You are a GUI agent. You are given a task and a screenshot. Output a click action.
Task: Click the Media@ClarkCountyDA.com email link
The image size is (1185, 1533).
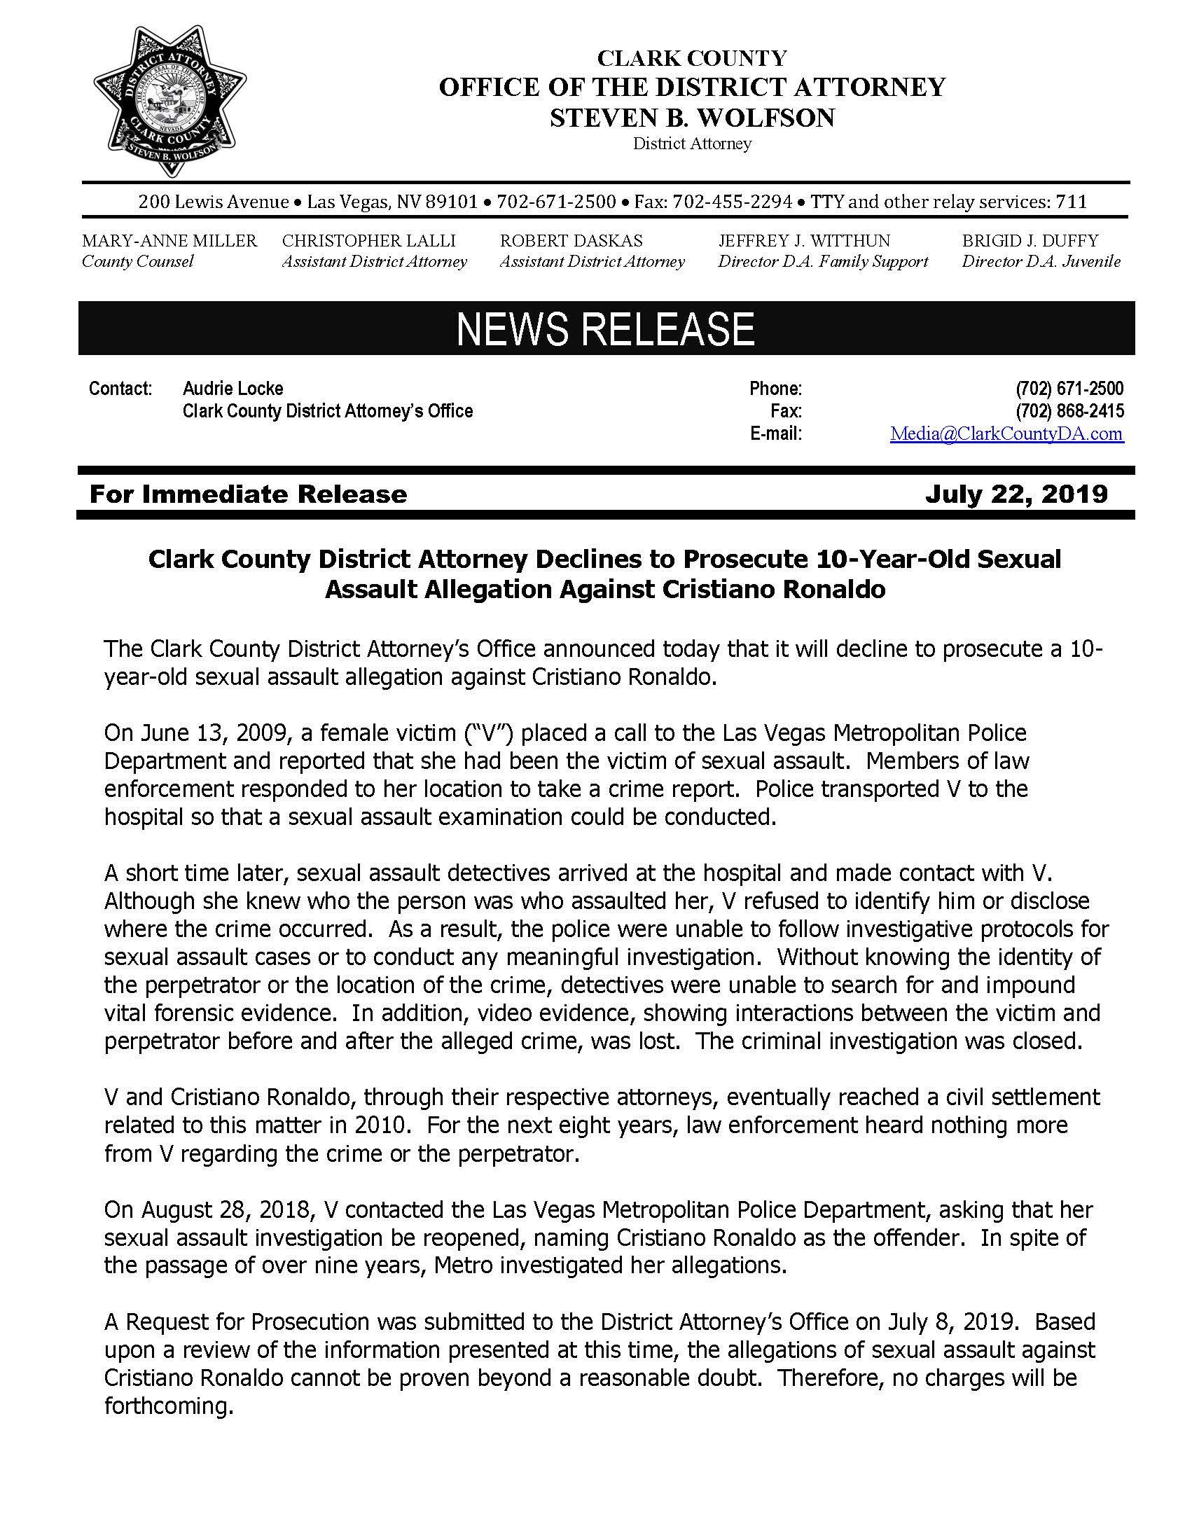(x=1006, y=433)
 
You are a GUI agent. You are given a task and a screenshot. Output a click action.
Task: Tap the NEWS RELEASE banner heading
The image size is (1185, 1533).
(x=605, y=328)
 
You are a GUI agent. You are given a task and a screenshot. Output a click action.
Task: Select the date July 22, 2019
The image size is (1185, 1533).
(x=1016, y=494)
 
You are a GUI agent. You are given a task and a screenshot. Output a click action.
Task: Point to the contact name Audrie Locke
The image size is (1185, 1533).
(x=233, y=388)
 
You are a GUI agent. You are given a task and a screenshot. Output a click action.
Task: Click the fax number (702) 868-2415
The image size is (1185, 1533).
(x=1069, y=410)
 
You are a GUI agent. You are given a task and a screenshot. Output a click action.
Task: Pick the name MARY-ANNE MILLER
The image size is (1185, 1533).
(x=169, y=241)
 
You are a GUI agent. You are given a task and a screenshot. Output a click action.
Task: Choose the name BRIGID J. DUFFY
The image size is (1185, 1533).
(x=1030, y=241)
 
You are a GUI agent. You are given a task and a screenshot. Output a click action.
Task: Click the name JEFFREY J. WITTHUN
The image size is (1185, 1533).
(x=804, y=241)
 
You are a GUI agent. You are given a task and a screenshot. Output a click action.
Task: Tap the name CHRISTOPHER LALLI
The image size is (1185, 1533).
(x=368, y=241)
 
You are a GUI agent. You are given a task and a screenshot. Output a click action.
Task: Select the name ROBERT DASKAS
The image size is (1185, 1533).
(x=571, y=241)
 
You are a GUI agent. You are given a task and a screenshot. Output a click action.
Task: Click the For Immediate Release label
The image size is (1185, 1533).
(x=248, y=494)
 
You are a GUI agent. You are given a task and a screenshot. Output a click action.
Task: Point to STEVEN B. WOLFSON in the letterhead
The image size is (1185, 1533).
(x=692, y=117)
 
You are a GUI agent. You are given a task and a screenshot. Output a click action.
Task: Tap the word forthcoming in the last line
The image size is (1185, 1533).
(x=168, y=1407)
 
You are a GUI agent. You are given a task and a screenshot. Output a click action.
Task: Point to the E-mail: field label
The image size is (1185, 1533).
(x=776, y=433)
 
